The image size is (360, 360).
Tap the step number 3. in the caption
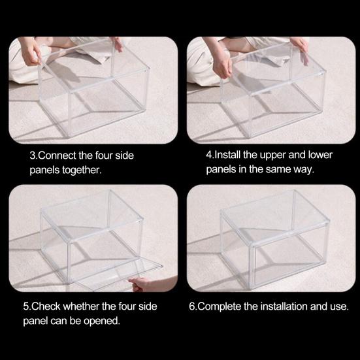point(33,155)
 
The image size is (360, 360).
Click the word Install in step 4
point(227,155)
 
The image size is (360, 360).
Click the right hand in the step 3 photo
point(118,44)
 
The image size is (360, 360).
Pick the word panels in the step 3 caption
point(44,171)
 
